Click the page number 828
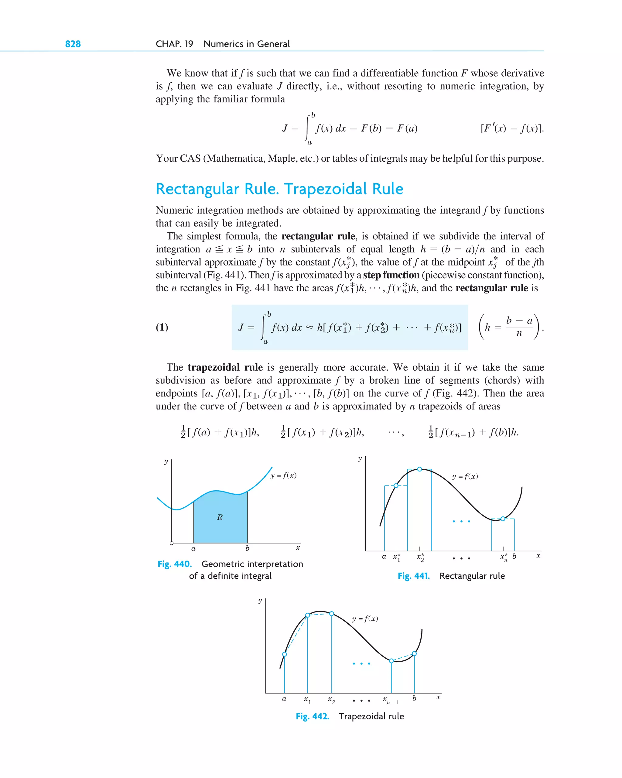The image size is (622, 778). tap(73, 44)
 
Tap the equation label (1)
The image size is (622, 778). tap(162, 327)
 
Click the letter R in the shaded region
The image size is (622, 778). tap(220, 517)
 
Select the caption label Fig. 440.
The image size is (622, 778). tap(175, 564)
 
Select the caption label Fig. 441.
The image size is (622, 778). tap(414, 576)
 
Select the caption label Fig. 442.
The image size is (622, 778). tap(313, 716)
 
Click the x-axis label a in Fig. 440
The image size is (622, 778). tap(193, 549)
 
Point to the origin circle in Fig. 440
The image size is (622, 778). tap(172, 543)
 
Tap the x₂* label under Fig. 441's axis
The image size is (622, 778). tap(420, 557)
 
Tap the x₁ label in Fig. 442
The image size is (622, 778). tap(307, 700)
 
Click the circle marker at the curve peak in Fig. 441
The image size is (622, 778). tap(420, 469)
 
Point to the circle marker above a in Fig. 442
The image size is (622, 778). tap(285, 654)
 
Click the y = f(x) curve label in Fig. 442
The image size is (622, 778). tap(365, 619)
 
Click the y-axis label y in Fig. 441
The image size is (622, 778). tap(360, 459)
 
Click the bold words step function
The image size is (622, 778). tap(391, 275)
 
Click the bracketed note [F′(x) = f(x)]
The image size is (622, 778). tap(512, 129)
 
